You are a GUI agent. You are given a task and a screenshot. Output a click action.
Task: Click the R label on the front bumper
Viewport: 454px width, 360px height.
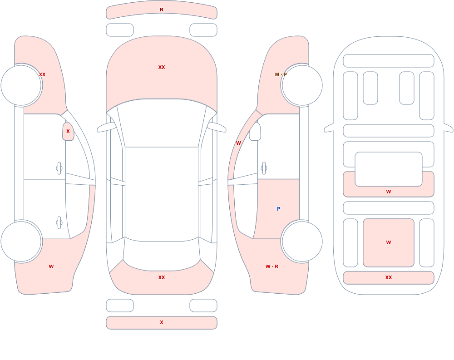coord(162,10)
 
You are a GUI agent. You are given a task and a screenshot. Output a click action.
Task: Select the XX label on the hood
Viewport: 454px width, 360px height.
coord(162,67)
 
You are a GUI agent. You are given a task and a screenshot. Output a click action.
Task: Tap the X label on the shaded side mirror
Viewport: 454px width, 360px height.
coord(68,131)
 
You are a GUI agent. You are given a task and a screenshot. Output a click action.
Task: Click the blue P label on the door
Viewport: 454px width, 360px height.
coord(279,209)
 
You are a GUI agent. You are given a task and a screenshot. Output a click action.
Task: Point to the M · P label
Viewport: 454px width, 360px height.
coord(281,74)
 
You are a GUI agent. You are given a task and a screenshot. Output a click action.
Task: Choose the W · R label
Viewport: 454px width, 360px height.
coord(272,266)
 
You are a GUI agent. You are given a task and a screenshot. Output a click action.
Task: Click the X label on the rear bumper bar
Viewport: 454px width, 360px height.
coord(162,322)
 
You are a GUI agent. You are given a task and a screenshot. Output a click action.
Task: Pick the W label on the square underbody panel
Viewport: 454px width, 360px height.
coord(389,242)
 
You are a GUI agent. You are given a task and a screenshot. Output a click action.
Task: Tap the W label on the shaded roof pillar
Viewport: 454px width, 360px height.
coord(238,143)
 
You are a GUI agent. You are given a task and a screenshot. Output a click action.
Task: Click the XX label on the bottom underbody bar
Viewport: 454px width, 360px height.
coord(389,277)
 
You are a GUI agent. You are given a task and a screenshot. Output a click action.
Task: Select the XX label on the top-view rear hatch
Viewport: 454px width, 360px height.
coord(162,277)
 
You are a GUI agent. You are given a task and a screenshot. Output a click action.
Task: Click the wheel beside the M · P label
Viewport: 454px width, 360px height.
coord(302,85)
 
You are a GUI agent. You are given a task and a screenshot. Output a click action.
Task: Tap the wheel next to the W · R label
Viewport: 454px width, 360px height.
coord(302,241)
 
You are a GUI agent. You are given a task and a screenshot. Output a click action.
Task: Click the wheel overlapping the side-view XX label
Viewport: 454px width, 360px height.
coord(21,85)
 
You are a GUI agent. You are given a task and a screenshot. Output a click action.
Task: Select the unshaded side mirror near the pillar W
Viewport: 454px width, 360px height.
coord(255,132)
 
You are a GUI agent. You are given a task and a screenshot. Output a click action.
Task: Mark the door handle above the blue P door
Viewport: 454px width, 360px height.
coord(264,168)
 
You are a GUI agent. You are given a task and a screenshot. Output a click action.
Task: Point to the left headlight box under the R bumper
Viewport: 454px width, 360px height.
coord(120,30)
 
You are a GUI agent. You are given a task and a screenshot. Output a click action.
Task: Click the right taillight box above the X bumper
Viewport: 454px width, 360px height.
coord(203,305)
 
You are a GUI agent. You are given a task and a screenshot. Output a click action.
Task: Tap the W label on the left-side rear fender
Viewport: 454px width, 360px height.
coord(51,266)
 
